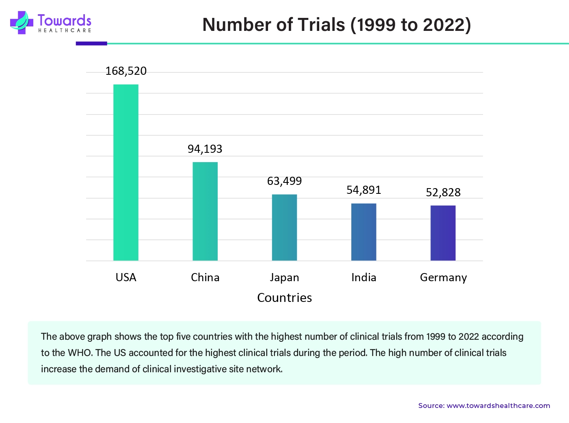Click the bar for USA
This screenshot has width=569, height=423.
[126, 172]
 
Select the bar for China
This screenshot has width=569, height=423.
[205, 211]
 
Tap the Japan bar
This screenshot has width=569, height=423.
[284, 228]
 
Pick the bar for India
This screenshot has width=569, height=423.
[363, 232]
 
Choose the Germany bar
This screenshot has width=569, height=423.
[443, 233]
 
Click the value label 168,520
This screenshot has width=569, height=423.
[126, 71]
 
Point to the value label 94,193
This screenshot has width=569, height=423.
[205, 149]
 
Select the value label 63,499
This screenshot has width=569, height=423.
[284, 181]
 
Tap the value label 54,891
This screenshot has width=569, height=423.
[363, 190]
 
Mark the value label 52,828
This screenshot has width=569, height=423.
[443, 193]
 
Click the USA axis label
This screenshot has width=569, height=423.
[126, 278]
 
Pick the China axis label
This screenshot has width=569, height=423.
[205, 278]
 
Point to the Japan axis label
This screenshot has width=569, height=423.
[284, 278]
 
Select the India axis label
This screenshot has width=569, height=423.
[363, 278]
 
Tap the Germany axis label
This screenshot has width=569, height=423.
[443, 278]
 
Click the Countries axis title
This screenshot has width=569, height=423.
[284, 298]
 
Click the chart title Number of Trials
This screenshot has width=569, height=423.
[336, 25]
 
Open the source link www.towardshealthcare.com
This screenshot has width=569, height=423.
[498, 406]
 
